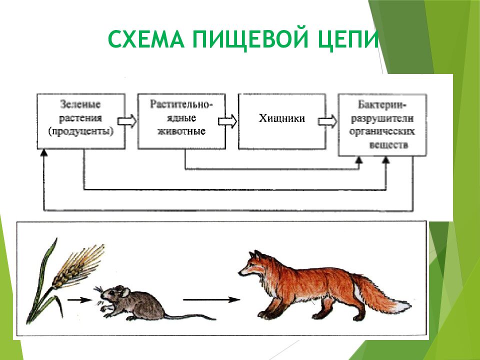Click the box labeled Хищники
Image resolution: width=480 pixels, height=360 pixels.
[281, 120]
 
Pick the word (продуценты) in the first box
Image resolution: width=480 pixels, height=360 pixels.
[80, 132]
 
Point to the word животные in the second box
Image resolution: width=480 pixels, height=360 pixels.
[181, 132]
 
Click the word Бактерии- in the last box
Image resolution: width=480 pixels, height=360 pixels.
[382, 105]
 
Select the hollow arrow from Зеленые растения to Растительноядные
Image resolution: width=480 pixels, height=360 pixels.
[127, 120]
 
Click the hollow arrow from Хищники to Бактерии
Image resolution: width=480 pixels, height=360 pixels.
[328, 120]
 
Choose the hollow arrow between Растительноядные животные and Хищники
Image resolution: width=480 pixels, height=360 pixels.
[227, 120]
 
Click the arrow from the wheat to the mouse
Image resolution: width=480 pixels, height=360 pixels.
[79, 300]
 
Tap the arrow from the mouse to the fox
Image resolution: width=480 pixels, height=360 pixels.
[210, 300]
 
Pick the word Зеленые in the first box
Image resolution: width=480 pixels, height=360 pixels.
[80, 105]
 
